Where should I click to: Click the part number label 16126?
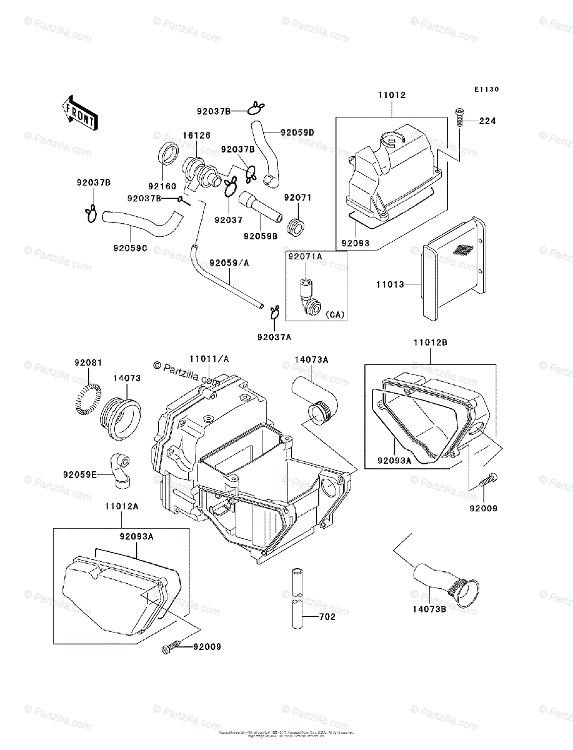pyautogui.click(x=196, y=135)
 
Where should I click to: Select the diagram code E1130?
pyautogui.click(x=486, y=90)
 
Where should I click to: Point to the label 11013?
pyautogui.click(x=390, y=284)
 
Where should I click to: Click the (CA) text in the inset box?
pyautogui.click(x=335, y=314)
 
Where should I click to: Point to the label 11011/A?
pyautogui.click(x=209, y=359)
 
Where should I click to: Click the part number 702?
pyautogui.click(x=327, y=617)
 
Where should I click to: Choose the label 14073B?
pyautogui.click(x=429, y=609)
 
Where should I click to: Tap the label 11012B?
pyautogui.click(x=430, y=343)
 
